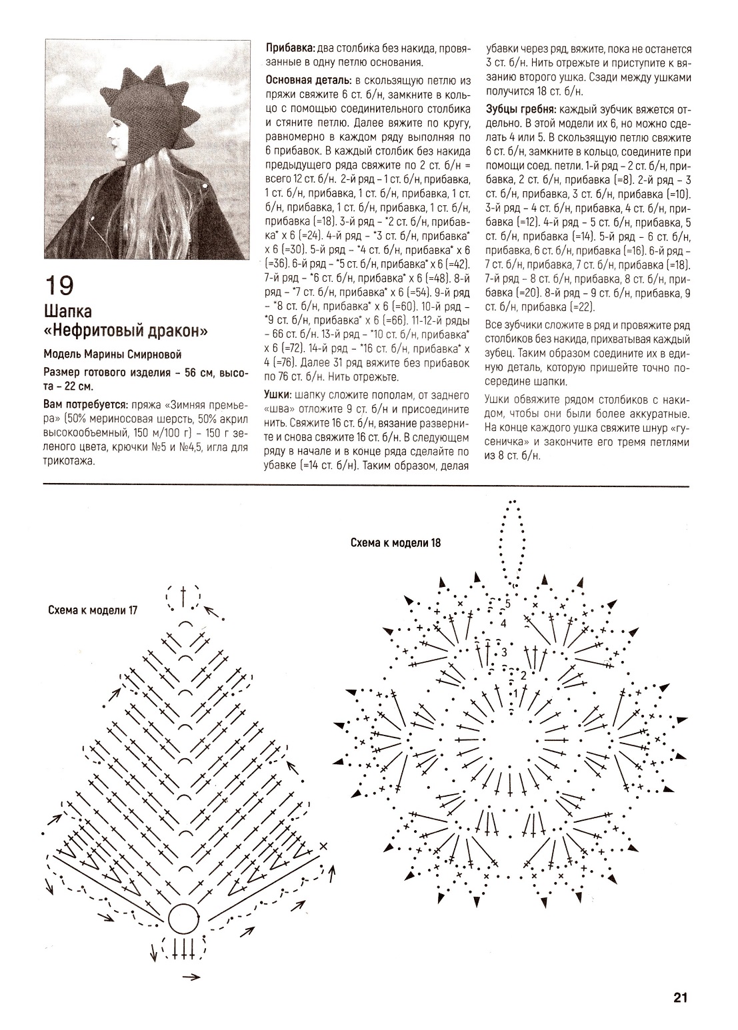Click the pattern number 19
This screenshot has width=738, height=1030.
click(x=59, y=286)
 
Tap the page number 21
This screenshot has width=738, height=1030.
click(x=679, y=997)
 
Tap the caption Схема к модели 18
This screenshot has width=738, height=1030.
click(x=395, y=542)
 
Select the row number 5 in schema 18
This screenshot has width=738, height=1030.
click(x=507, y=604)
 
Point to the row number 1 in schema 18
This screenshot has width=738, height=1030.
click(x=515, y=694)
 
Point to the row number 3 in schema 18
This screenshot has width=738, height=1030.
click(x=505, y=652)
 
